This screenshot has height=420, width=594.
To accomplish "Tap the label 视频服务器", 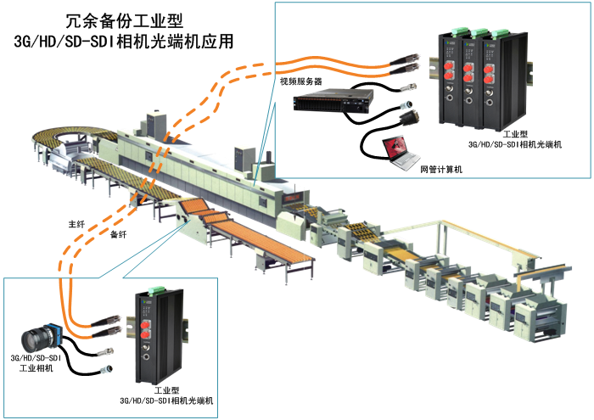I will point(301,81).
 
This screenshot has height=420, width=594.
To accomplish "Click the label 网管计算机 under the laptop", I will point(441,170).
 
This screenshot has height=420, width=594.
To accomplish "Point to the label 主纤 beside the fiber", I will point(77,225).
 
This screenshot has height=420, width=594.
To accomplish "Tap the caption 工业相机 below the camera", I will point(36,368).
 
